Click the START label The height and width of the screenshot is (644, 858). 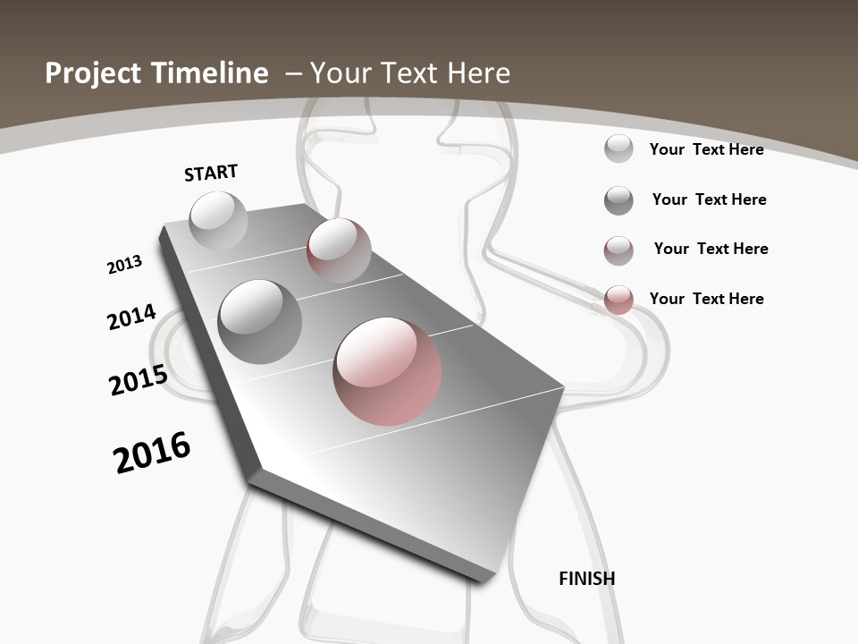211,173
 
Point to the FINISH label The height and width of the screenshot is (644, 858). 587,579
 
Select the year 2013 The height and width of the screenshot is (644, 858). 124,265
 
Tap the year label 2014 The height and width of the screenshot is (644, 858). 131,317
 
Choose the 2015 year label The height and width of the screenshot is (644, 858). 139,380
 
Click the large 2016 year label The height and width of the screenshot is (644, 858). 152,452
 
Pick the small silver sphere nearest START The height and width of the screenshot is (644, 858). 218,220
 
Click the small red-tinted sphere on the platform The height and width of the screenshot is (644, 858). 339,250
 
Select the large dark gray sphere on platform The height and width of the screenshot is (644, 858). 260,321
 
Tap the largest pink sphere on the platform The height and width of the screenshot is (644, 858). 387,370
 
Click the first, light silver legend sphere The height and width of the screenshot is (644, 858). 618,148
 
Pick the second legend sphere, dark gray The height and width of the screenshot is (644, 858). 618,200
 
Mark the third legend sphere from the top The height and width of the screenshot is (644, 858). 618,250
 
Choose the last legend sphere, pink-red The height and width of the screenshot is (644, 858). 618,300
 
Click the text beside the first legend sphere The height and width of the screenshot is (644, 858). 706,149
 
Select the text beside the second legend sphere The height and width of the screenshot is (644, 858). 709,199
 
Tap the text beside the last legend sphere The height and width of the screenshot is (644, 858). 706,299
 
